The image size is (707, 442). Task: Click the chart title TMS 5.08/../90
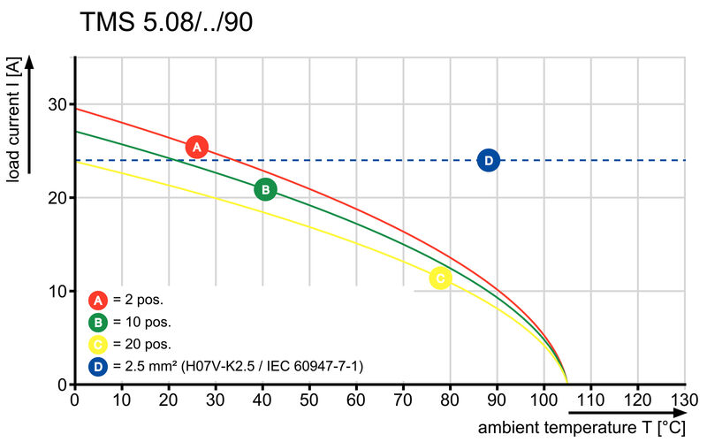click(x=166, y=22)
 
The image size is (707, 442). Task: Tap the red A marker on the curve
click(x=197, y=147)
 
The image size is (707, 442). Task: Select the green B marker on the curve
click(x=265, y=189)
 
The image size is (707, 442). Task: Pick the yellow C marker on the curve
click(x=440, y=278)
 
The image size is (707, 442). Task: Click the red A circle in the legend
click(x=99, y=299)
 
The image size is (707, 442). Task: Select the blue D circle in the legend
click(x=99, y=365)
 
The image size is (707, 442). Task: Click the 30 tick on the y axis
click(x=57, y=104)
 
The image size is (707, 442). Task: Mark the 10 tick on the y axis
click(x=57, y=292)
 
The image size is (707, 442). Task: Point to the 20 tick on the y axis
click(x=57, y=198)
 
